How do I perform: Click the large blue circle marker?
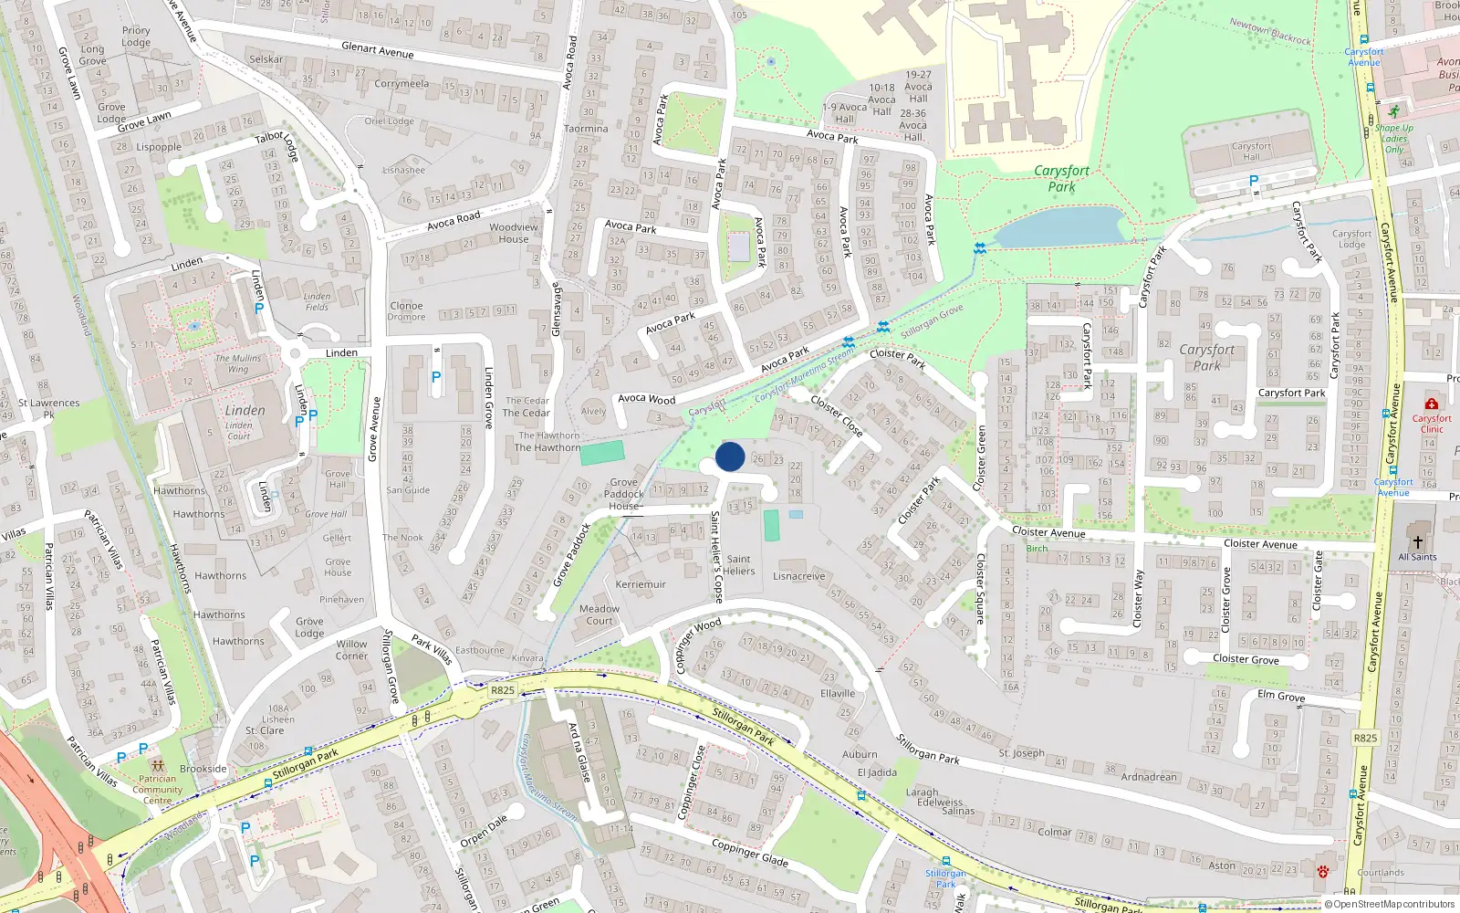point(730,456)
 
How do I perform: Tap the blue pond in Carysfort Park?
point(1058,226)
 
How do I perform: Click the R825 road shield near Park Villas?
point(503,690)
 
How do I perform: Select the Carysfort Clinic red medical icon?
point(1431,404)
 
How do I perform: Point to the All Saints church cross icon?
point(1417,540)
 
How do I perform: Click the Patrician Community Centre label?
point(157,790)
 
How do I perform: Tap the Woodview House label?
point(513,233)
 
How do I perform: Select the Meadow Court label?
point(599,614)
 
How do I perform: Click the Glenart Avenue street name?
point(377,50)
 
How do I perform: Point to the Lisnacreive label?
point(798,576)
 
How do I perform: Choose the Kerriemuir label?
point(641,584)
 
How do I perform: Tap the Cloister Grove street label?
point(1246,658)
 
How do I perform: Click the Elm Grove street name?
point(1281,696)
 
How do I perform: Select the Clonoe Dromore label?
point(406,311)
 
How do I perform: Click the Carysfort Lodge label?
point(1351,238)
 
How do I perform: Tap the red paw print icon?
point(1323,872)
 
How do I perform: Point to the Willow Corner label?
point(351,649)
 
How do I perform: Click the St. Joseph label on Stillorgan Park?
point(1021,753)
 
